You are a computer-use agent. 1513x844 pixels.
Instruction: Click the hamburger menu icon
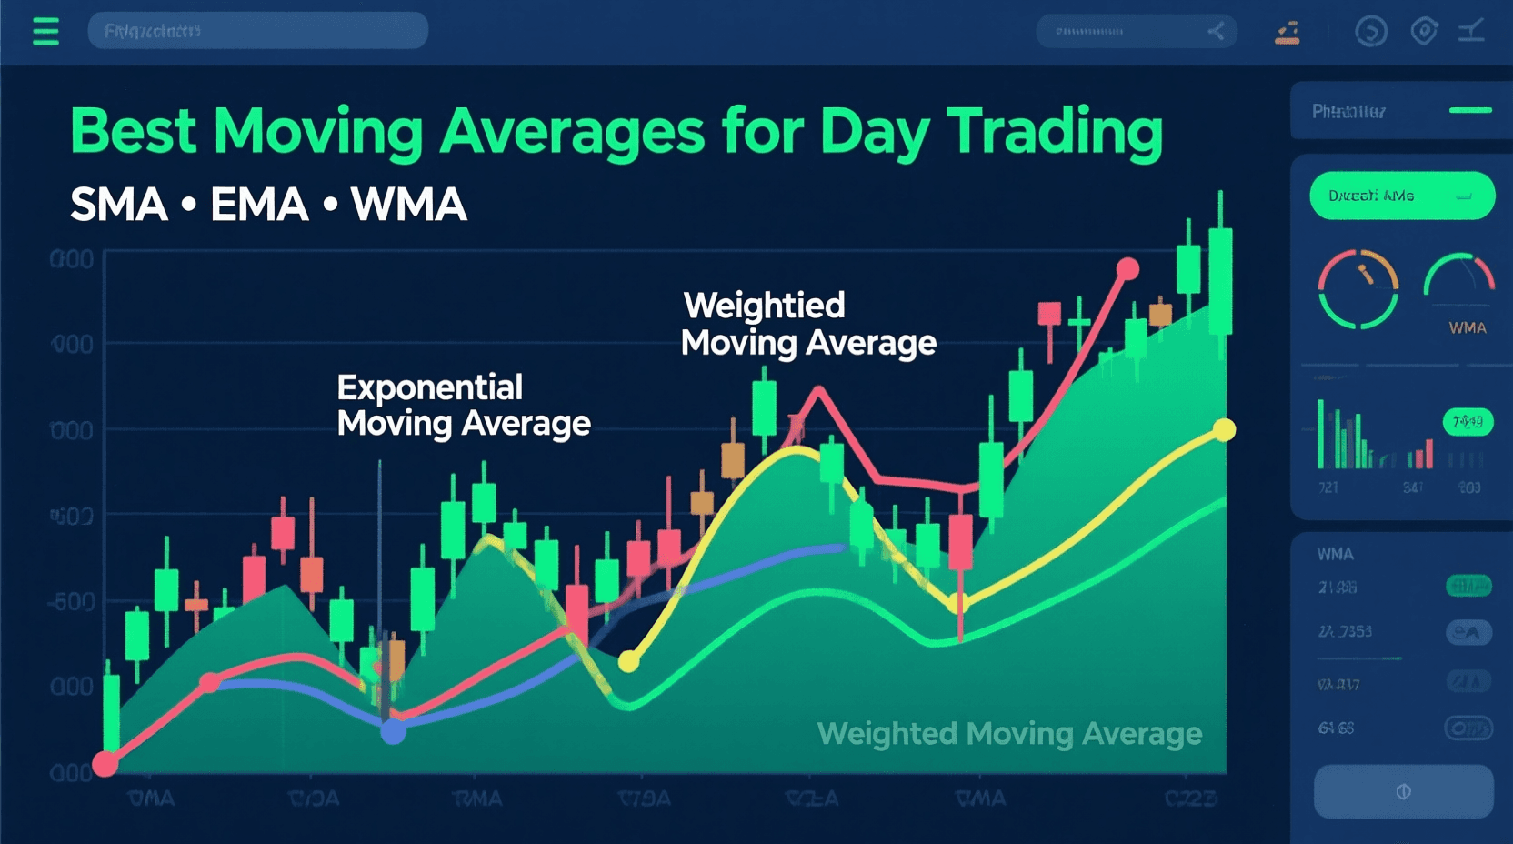pyautogui.click(x=45, y=32)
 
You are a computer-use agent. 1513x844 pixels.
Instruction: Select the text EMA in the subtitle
pyautogui.click(x=259, y=205)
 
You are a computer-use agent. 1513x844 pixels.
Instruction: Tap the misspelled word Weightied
pyautogui.click(x=764, y=306)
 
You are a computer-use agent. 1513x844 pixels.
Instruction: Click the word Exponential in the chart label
pyautogui.click(x=429, y=387)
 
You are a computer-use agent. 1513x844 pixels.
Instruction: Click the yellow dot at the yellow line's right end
pyautogui.click(x=1225, y=429)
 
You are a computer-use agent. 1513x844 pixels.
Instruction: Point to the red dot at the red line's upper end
pyautogui.click(x=1127, y=269)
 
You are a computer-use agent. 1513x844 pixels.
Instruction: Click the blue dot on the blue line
pyautogui.click(x=393, y=731)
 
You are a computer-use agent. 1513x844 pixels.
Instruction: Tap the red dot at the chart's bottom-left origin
pyautogui.click(x=105, y=763)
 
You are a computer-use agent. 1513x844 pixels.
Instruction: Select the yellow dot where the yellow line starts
pyautogui.click(x=628, y=661)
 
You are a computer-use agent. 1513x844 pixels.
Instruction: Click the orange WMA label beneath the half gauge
pyautogui.click(x=1467, y=327)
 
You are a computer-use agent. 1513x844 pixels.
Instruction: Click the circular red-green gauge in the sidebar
pyautogui.click(x=1358, y=289)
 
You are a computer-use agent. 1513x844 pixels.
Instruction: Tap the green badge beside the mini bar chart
pyautogui.click(x=1467, y=422)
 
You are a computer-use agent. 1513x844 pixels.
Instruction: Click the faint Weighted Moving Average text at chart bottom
pyautogui.click(x=1009, y=733)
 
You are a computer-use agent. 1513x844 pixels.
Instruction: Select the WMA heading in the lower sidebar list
pyautogui.click(x=1335, y=554)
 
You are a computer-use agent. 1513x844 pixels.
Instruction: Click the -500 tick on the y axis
pyautogui.click(x=71, y=602)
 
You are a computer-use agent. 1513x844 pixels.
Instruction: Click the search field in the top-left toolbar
pyautogui.click(x=257, y=31)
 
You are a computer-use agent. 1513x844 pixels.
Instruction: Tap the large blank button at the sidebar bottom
pyautogui.click(x=1403, y=791)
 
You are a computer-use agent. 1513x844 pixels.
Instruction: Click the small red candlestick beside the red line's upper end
pyautogui.click(x=1049, y=316)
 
